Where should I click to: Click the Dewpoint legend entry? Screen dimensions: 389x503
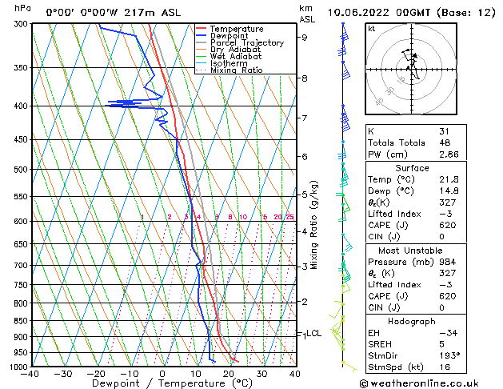point(228,36)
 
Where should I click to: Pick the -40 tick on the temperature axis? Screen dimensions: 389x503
point(30,374)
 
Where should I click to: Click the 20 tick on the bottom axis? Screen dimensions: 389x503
point(229,374)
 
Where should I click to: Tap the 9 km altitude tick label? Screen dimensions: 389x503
point(304,37)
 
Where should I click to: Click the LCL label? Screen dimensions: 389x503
point(313,334)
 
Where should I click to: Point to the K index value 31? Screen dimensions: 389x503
point(444,131)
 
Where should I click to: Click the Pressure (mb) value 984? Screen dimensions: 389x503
point(446,261)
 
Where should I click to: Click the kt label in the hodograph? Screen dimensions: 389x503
point(371,29)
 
